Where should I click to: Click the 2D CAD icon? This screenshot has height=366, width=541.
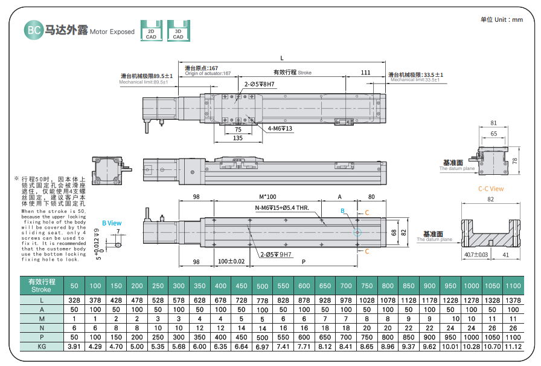(x=152, y=31)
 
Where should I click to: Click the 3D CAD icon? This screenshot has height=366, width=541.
(x=178, y=31)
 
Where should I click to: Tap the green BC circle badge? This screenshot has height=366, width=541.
(x=33, y=30)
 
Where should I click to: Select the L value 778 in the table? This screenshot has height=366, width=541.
(x=262, y=300)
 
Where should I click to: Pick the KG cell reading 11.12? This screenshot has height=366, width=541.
(x=513, y=347)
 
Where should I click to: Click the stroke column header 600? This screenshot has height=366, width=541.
(x=304, y=286)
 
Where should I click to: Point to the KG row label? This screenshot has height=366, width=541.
(x=42, y=347)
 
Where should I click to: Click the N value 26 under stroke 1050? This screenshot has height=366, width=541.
(x=492, y=328)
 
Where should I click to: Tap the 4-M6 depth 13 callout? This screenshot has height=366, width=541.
(x=280, y=129)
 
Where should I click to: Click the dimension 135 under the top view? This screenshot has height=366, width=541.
(x=238, y=138)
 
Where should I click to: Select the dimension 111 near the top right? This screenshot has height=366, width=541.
(x=365, y=73)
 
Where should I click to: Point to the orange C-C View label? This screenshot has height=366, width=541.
(x=491, y=189)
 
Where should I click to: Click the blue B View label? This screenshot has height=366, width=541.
(x=112, y=223)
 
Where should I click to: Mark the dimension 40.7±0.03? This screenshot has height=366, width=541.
(x=476, y=255)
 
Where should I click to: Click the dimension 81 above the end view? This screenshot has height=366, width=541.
(x=494, y=123)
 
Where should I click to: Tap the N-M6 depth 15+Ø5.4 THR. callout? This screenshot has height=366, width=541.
(x=282, y=208)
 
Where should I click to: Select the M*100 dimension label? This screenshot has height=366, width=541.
(x=267, y=197)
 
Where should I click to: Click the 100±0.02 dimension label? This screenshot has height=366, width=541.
(x=231, y=261)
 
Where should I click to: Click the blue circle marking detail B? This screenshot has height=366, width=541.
(x=357, y=232)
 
